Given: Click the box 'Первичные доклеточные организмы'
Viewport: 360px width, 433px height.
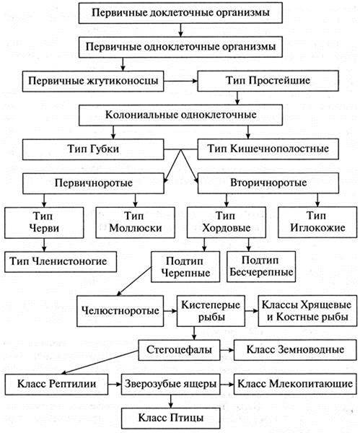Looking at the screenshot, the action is click(x=180, y=13).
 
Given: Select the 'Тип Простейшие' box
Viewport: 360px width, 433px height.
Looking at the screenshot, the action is click(x=268, y=81).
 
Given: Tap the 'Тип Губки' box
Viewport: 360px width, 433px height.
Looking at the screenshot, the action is click(x=93, y=149).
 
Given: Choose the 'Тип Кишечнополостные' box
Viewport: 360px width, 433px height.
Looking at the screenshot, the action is click(x=268, y=149).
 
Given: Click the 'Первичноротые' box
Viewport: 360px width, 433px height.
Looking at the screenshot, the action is click(x=93, y=183).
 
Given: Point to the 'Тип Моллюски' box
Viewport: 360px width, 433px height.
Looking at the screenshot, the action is click(x=136, y=222).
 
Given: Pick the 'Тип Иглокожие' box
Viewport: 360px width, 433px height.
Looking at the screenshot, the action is click(x=317, y=222).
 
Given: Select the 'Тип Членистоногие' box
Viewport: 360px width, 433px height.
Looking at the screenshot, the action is click(x=61, y=261).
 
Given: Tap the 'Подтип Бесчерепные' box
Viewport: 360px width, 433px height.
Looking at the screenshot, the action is click(x=261, y=266).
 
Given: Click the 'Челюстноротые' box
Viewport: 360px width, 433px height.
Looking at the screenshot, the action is click(x=120, y=311).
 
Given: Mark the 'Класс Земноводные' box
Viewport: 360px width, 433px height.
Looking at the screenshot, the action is click(x=295, y=350).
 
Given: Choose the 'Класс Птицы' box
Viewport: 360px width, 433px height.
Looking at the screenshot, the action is click(x=170, y=418).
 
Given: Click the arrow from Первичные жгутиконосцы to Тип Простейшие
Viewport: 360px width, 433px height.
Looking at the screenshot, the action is click(x=180, y=81).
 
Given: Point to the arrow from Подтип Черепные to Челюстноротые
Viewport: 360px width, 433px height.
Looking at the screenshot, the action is click(x=134, y=281).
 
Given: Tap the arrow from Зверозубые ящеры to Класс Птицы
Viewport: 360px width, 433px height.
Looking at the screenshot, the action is click(x=171, y=401).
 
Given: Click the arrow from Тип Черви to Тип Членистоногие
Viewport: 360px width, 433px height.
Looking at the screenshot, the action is click(x=44, y=245).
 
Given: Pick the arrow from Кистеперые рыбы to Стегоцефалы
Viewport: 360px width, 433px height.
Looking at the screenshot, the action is click(x=194, y=333).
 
